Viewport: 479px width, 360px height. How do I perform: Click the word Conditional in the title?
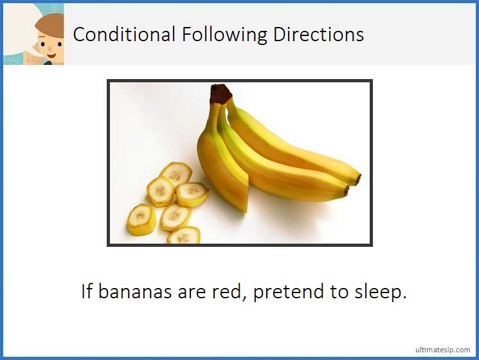click(124, 34)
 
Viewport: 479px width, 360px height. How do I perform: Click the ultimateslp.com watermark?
click(442, 348)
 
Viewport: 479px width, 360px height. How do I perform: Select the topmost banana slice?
click(176, 174)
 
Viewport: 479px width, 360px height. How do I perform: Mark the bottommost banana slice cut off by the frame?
click(183, 237)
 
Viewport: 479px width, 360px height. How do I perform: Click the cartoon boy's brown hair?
click(48, 24)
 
